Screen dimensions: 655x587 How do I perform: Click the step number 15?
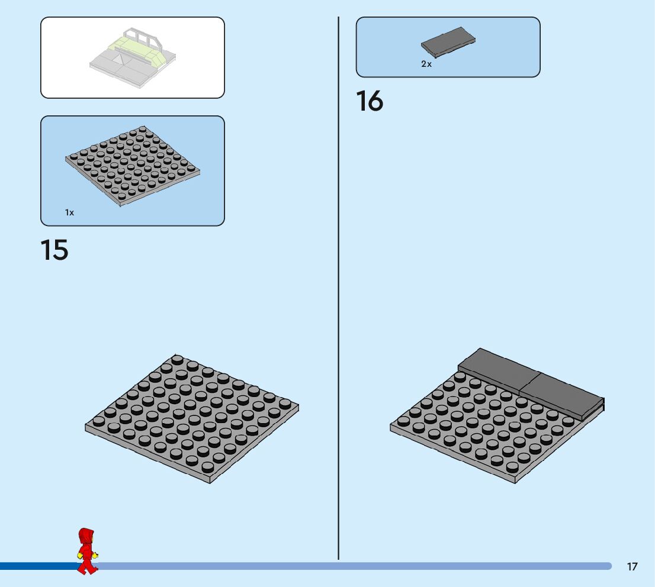pyautogui.click(x=54, y=250)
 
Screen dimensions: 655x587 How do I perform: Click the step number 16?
pyautogui.click(x=370, y=101)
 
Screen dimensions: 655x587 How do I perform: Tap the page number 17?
pyautogui.click(x=632, y=567)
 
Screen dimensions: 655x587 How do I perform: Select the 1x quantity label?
pyautogui.click(x=70, y=212)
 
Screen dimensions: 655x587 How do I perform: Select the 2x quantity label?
pyautogui.click(x=426, y=64)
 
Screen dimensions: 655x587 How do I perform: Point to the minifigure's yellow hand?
pyautogui.click(x=95, y=555)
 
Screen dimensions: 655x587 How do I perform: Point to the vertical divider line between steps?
pyautogui.click(x=338, y=296)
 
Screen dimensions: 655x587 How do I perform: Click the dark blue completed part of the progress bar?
pyautogui.click(x=36, y=566)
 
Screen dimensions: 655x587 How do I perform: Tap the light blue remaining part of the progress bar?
pyautogui.click(x=355, y=566)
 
